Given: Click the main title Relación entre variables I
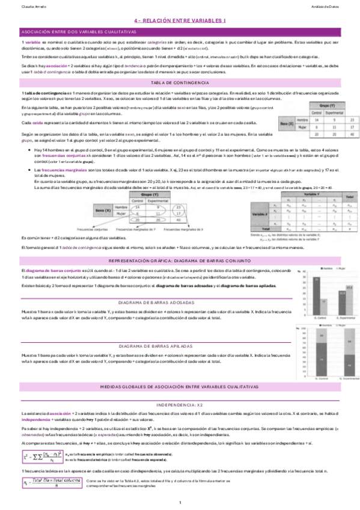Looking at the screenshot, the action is pos(179,20).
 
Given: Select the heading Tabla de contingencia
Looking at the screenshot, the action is pos(179,82).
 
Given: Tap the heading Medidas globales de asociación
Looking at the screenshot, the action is pos(179,373).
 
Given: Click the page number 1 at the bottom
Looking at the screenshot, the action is pos(179,502).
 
